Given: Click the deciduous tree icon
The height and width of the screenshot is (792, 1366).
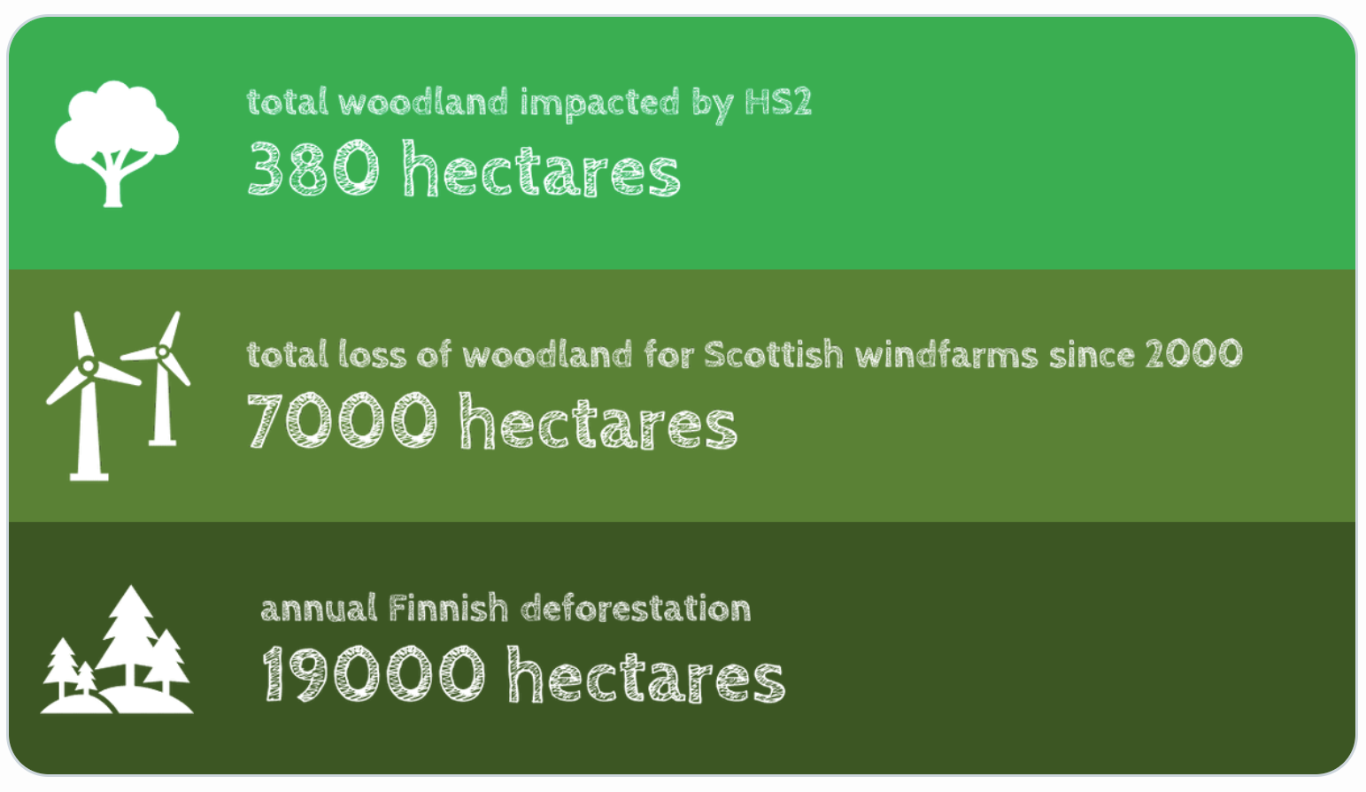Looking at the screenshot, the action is (x=116, y=143).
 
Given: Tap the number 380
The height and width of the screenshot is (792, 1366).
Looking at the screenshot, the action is (x=313, y=168).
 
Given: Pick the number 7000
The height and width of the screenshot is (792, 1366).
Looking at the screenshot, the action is (x=342, y=420).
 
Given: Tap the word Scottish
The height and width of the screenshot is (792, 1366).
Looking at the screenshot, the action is (x=773, y=354).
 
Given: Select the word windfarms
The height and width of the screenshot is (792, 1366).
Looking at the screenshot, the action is (x=946, y=354).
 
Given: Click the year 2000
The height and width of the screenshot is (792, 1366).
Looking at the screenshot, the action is (x=1194, y=354).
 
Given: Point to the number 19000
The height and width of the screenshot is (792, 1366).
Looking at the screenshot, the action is (x=374, y=673).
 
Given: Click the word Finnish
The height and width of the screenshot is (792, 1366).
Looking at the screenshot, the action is (x=448, y=608).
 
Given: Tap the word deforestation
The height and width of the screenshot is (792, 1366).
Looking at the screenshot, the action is (x=636, y=608).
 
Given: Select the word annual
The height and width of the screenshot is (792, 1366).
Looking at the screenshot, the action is (x=319, y=609).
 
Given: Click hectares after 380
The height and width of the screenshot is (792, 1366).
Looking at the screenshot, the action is (x=542, y=168).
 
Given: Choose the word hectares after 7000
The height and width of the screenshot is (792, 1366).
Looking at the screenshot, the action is (x=598, y=420).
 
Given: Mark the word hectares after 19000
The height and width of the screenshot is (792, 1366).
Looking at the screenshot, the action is (x=646, y=673).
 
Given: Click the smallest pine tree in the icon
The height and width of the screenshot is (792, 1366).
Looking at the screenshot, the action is (x=86, y=678).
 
